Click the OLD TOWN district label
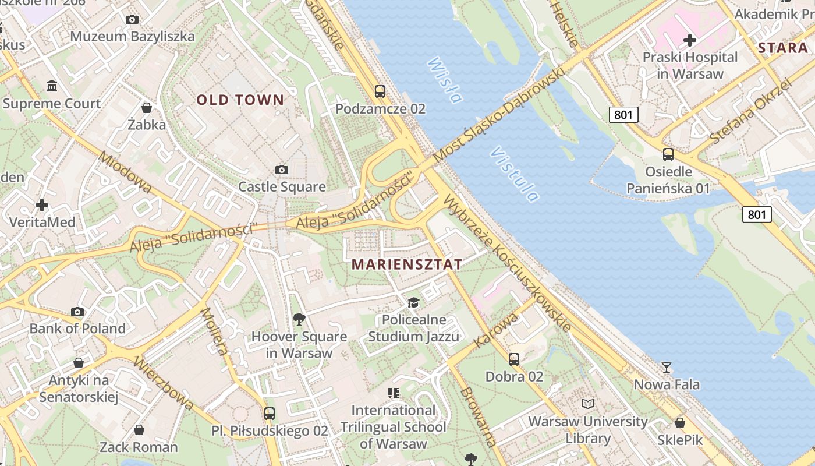point(240,100)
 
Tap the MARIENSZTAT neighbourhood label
point(407,264)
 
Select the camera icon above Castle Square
point(282,170)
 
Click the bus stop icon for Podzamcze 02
point(380,91)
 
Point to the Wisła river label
point(445,80)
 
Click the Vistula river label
point(514,174)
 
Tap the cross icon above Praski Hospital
point(690,40)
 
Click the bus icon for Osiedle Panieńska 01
point(668,154)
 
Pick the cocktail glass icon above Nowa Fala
point(667,368)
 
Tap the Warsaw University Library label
point(588,429)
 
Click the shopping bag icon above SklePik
point(680,423)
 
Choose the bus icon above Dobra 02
point(514,359)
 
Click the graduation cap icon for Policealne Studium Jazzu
point(413,302)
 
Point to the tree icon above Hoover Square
point(299,319)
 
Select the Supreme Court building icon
point(52,86)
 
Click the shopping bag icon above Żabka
point(147,108)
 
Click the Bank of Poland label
point(77,328)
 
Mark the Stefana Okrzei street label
point(751,111)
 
